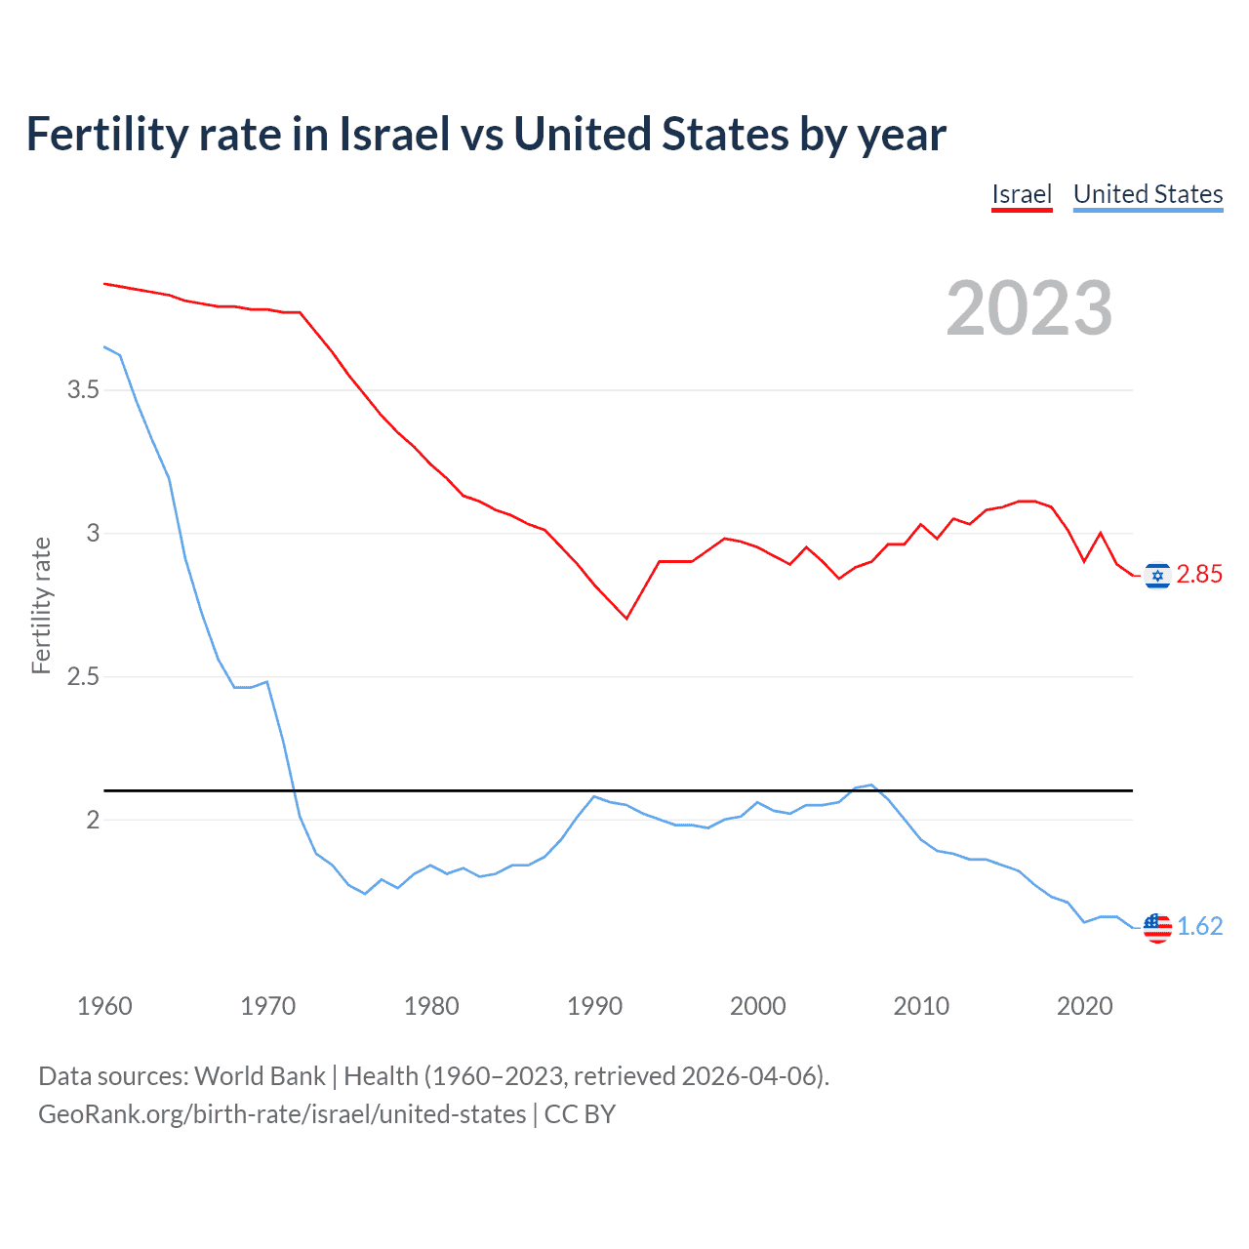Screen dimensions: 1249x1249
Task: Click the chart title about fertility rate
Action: pyautogui.click(x=485, y=135)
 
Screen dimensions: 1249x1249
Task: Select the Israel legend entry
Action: pyautogui.click(x=1021, y=194)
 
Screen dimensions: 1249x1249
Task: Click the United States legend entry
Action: pyautogui.click(x=1148, y=194)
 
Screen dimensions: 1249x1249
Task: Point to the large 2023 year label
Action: pyautogui.click(x=1028, y=308)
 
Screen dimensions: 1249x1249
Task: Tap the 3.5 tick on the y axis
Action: pyautogui.click(x=83, y=390)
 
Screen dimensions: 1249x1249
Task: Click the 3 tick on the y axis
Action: pyautogui.click(x=93, y=534)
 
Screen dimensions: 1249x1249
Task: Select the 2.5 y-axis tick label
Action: pyautogui.click(x=83, y=677)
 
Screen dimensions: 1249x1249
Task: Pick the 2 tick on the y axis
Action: pyautogui.click(x=93, y=821)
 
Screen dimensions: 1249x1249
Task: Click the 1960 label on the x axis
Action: pyautogui.click(x=104, y=1006)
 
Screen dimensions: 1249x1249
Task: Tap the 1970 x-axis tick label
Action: pyautogui.click(x=267, y=1006)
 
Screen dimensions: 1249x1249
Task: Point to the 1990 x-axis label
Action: pyautogui.click(x=594, y=1006)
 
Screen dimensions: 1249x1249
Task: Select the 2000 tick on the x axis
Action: pyautogui.click(x=757, y=1006)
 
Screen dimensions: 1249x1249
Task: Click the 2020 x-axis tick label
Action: pyautogui.click(x=1084, y=1006)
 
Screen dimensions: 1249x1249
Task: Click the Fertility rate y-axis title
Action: pyautogui.click(x=41, y=605)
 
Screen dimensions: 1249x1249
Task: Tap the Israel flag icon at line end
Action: pyautogui.click(x=1157, y=576)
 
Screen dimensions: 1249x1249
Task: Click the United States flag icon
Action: pyautogui.click(x=1157, y=927)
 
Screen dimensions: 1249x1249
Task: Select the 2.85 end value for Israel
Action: pyautogui.click(x=1199, y=575)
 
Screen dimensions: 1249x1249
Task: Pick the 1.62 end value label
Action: pyautogui.click(x=1199, y=926)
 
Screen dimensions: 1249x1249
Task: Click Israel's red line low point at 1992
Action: pyautogui.click(x=626, y=619)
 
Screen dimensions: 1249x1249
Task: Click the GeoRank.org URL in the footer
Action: pyautogui.click(x=282, y=1114)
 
